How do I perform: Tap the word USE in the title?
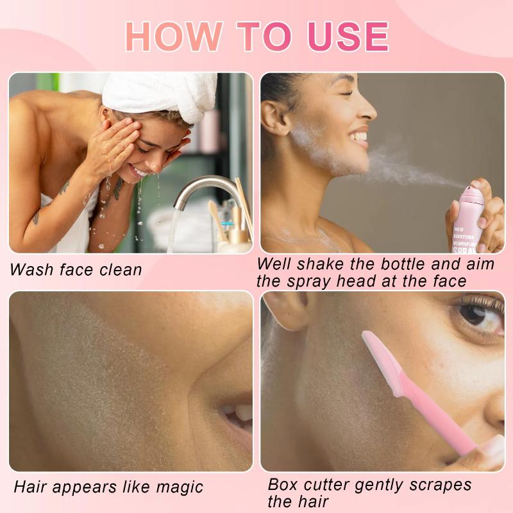click(348, 36)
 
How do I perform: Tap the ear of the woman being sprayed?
click(275, 117)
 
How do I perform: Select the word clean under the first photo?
click(121, 270)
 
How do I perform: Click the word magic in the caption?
click(180, 487)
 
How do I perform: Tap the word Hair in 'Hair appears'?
click(30, 487)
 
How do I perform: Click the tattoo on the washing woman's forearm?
click(64, 187)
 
